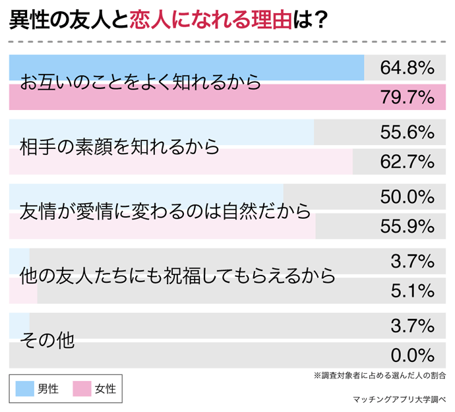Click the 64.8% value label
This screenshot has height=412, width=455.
[x=407, y=67]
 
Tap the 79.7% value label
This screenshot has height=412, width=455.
[x=407, y=98]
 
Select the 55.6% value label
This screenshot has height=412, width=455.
[x=407, y=132]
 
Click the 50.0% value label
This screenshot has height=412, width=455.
[x=407, y=196]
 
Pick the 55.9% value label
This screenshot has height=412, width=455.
[x=407, y=227]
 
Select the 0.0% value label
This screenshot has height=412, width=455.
[x=411, y=355]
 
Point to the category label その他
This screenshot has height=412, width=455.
[x=47, y=341]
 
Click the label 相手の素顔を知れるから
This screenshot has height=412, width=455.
[x=119, y=147]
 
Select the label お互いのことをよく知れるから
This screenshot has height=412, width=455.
[x=140, y=83]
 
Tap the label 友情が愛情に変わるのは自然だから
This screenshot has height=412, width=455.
[x=165, y=212]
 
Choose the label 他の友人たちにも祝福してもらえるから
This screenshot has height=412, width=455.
[x=177, y=276]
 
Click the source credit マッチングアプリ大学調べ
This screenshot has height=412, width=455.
[x=400, y=399]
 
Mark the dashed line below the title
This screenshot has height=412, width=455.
[x=228, y=41]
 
